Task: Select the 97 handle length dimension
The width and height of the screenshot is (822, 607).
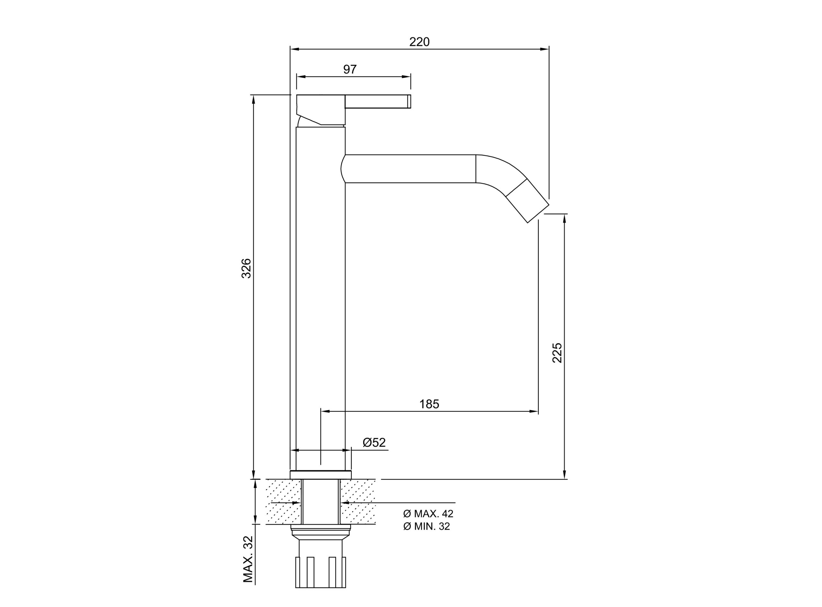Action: (350, 69)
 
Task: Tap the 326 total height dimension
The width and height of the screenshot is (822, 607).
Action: (246, 268)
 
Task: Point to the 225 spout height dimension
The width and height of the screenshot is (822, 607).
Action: (557, 353)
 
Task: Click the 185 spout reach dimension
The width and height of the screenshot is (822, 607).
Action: (429, 404)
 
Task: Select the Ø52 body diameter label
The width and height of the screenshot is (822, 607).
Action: (374, 442)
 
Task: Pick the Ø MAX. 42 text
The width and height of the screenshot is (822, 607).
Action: (428, 514)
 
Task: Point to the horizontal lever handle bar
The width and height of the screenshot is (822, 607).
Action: (378, 101)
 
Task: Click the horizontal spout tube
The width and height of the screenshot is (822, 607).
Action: (409, 169)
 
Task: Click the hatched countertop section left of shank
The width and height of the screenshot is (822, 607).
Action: (284, 501)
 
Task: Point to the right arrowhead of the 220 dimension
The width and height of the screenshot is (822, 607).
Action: (545, 49)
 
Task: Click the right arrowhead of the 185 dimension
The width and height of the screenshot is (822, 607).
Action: (534, 412)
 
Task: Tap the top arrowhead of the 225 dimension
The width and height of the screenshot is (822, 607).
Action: (564, 218)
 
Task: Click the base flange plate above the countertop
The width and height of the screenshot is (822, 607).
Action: (320, 475)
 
